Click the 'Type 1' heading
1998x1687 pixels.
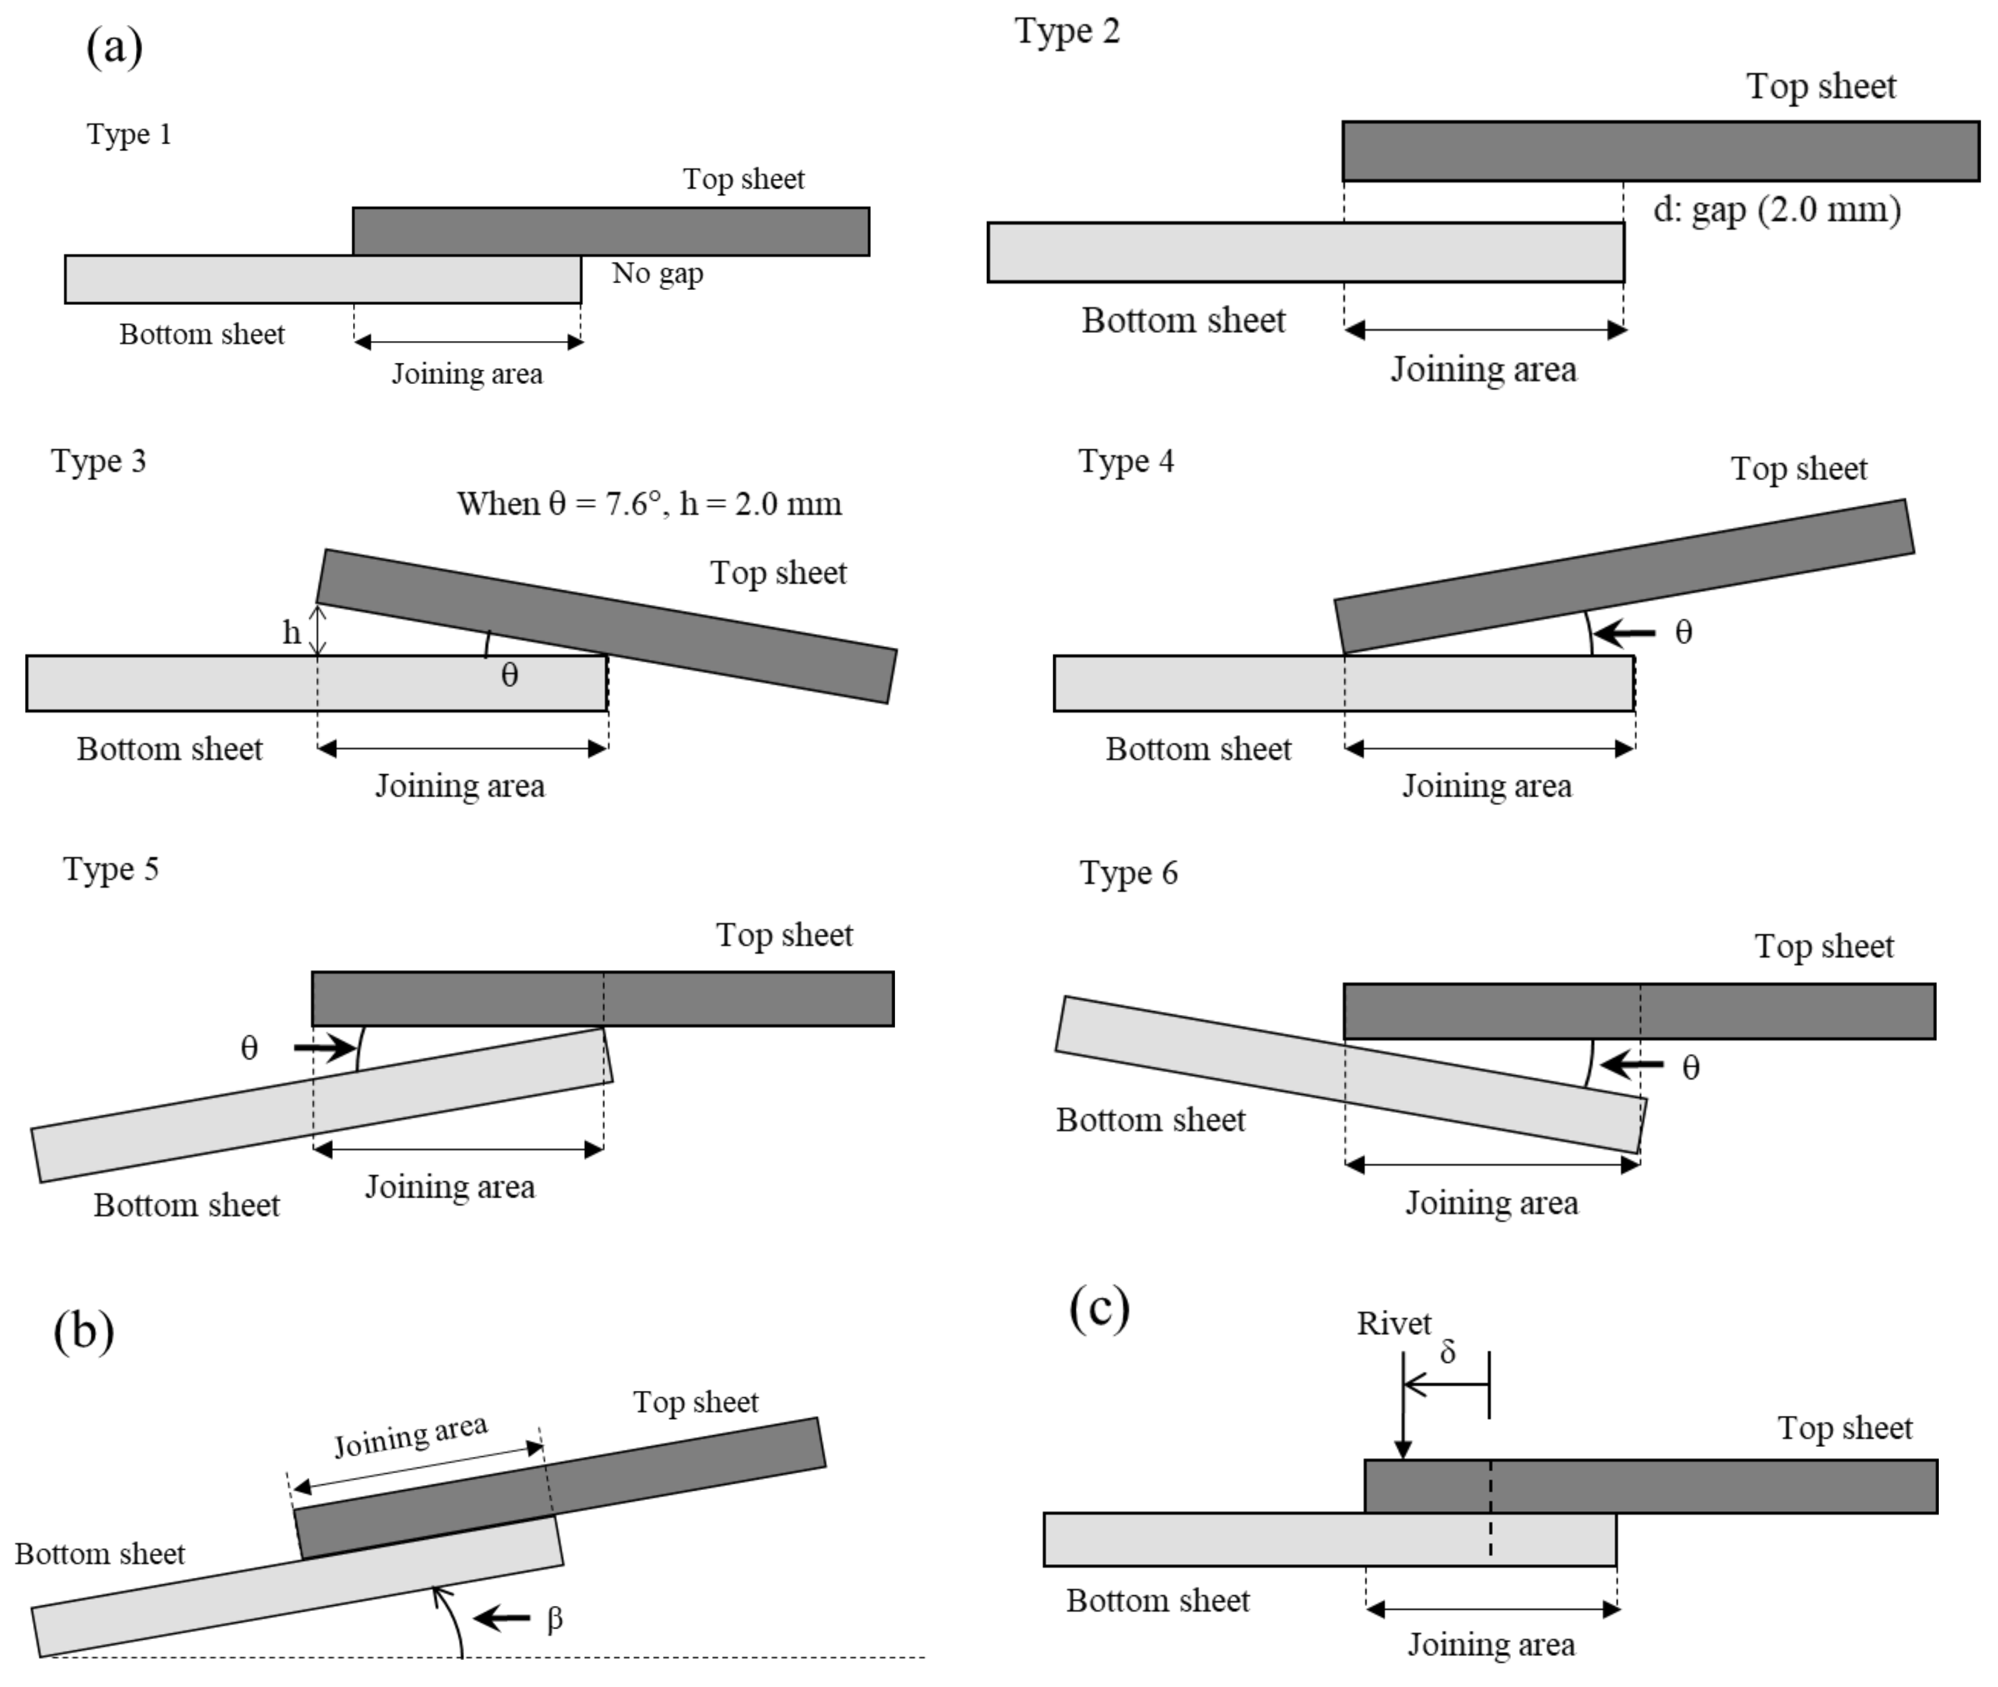point(129,134)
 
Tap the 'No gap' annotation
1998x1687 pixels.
point(657,274)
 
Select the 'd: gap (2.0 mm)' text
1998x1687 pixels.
point(1776,209)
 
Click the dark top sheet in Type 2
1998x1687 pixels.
point(1659,151)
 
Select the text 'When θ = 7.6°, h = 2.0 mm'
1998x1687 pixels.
point(649,504)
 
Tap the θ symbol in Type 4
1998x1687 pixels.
point(1683,632)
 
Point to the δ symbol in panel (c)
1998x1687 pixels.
point(1447,1352)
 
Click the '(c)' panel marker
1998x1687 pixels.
point(1098,1309)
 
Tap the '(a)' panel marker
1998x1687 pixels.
point(115,46)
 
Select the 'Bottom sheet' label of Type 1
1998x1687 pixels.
point(202,335)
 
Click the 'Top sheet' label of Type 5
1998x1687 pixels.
point(784,935)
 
